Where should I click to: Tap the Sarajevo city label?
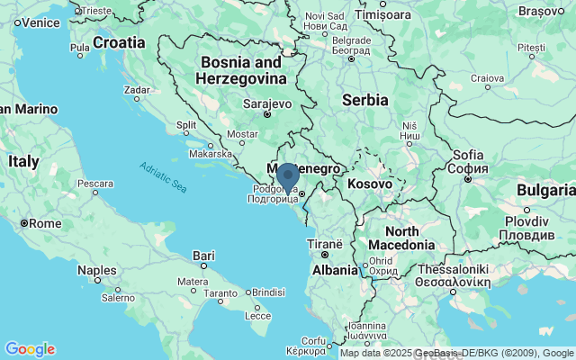267,103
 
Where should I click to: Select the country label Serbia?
365,100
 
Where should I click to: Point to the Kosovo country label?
370,184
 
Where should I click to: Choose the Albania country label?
335,269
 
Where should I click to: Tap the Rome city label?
45,222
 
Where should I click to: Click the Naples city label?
96,270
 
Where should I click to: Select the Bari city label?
203,256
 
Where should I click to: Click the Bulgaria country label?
546,190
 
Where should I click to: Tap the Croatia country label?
118,42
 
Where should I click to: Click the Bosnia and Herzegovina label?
240,70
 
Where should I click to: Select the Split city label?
186,125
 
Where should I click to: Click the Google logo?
30,349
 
